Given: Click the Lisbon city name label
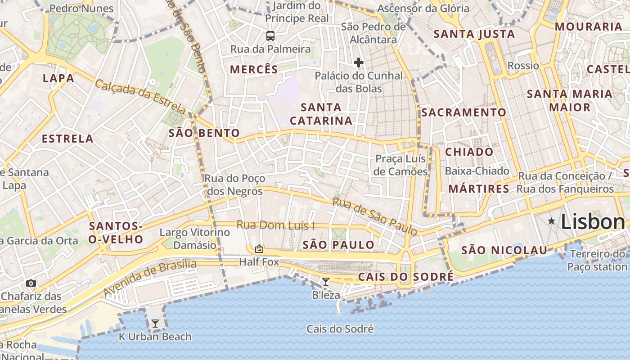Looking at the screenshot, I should coord(593,222).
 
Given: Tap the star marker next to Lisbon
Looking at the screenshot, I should coord(551,221).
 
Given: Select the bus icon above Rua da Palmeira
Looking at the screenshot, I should coord(270,36).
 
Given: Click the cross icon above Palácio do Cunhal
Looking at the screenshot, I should coord(359,63).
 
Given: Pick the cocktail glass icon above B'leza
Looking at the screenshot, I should coord(326,282).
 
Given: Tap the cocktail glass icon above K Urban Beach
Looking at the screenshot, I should coord(155,323).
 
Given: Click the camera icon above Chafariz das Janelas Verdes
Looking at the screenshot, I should coord(31,283).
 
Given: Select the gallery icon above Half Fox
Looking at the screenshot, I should coord(259,248).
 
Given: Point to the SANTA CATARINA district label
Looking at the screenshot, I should coord(321,114).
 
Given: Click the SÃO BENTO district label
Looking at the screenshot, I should coord(204,133).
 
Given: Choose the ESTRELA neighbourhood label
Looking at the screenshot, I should coord(67,139).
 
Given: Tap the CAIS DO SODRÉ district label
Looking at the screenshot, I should coord(405,277).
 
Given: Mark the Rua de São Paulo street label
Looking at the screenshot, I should coord(375,216).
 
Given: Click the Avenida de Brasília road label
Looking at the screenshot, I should coord(150,278).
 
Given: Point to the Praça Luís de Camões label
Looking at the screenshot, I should coord(400,165).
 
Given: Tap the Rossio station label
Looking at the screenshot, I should coord(523,66).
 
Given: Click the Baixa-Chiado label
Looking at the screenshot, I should coord(477,171).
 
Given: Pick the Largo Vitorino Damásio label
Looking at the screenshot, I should coord(195,239).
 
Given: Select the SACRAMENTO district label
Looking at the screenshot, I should coord(463,112).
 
